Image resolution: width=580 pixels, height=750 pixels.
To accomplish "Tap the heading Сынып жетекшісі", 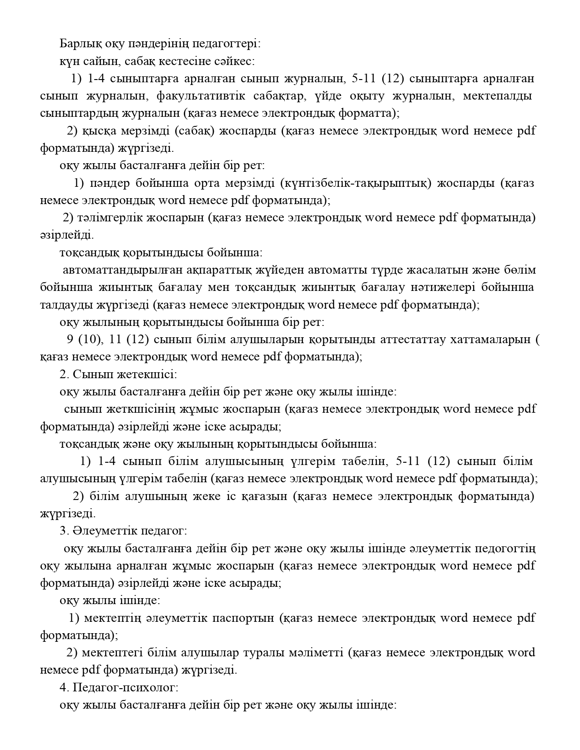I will coord(124,375).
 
